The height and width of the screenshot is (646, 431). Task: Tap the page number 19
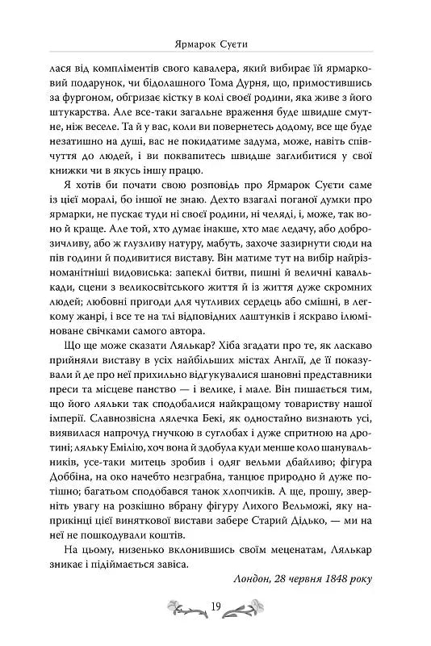click(215, 608)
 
